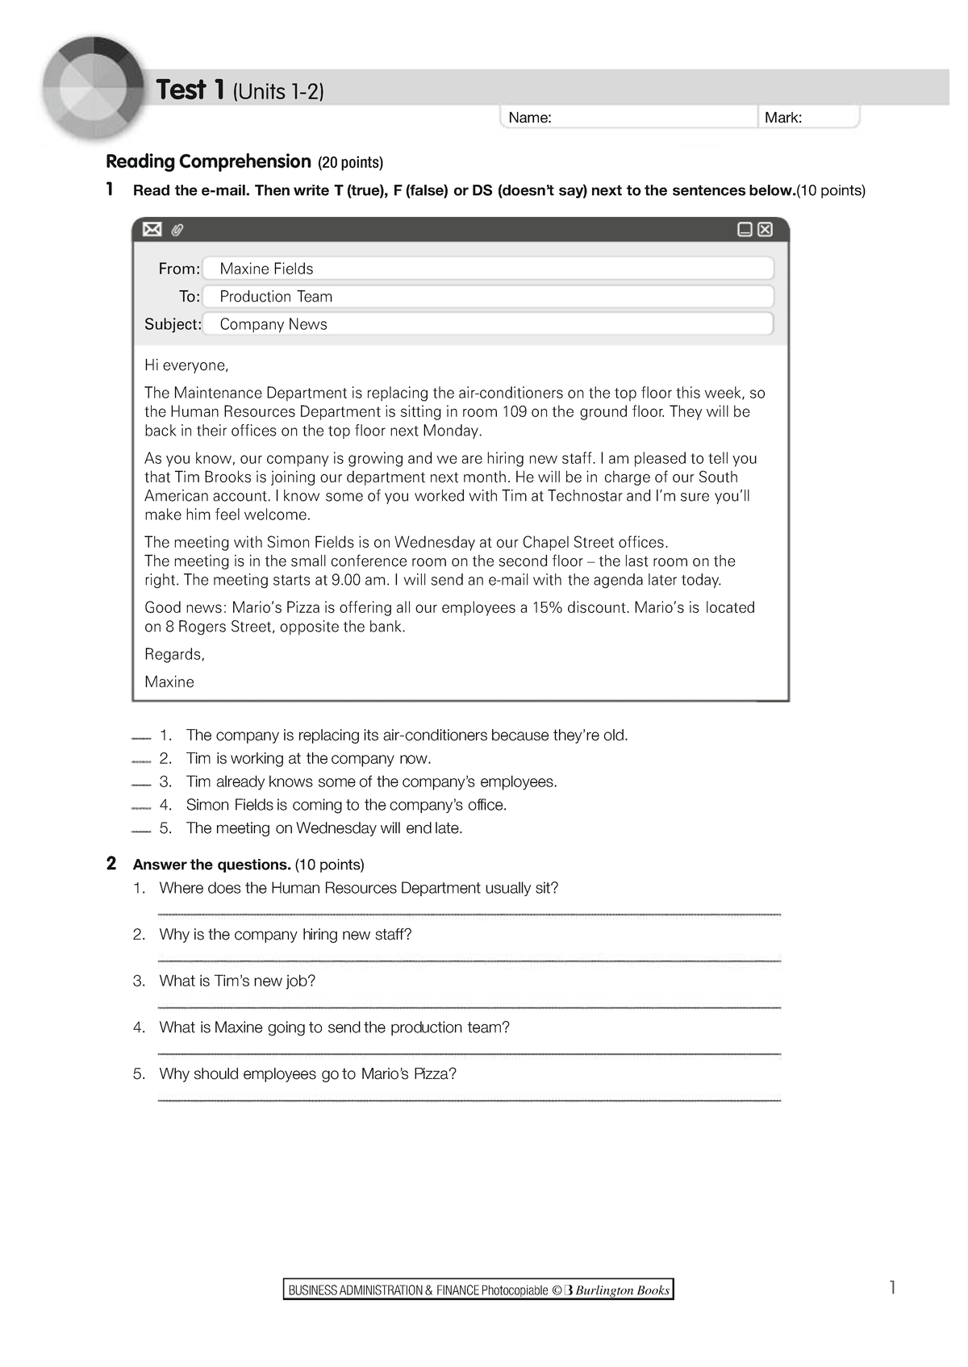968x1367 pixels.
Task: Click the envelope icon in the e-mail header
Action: (152, 230)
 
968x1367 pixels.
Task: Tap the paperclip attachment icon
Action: (177, 231)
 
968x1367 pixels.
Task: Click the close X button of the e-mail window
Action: (766, 230)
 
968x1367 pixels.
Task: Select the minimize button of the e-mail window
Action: (745, 230)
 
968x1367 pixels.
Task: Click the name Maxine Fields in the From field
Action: (266, 269)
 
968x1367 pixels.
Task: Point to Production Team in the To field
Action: (276, 297)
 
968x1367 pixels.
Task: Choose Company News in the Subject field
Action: (273, 324)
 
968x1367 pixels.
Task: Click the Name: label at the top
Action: (530, 118)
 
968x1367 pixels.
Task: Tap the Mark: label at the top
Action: (782, 118)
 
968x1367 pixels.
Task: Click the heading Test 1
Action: (190, 90)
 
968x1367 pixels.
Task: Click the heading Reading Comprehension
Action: (208, 161)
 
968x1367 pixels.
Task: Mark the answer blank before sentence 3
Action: (141, 784)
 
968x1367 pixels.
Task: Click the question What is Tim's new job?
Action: (237, 981)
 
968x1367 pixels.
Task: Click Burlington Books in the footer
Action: (622, 1290)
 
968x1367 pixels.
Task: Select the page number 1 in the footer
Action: (892, 1287)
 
